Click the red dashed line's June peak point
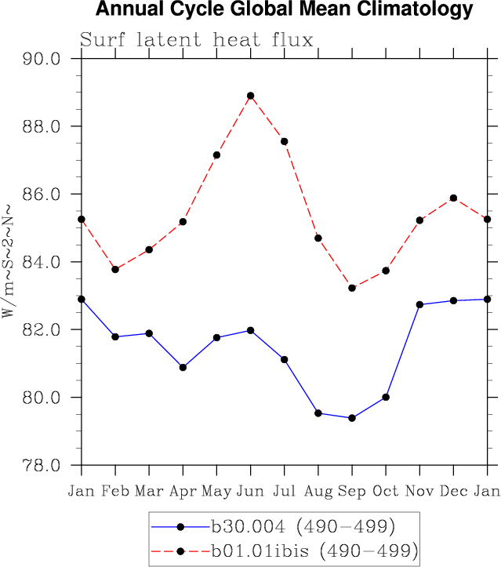(x=251, y=96)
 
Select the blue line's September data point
(x=352, y=418)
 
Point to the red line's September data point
(x=352, y=288)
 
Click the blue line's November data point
(x=419, y=304)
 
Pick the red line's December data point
(x=453, y=198)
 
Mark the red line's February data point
(x=115, y=269)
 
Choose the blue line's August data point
(x=318, y=413)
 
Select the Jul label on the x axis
(x=285, y=492)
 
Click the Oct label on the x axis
(x=386, y=492)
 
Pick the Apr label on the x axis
(x=183, y=492)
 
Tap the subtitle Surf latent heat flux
(x=197, y=40)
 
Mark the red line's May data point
(x=216, y=155)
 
